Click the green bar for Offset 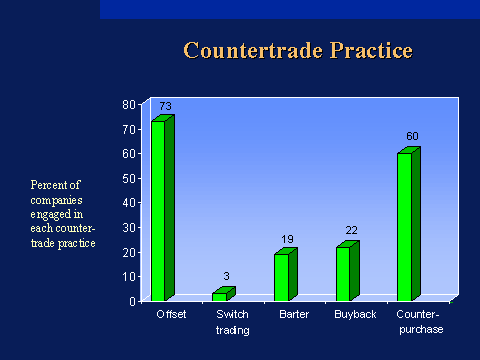(159, 210)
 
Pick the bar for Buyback (344, 272)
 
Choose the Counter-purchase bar (405, 226)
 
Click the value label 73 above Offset (165, 106)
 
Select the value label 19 (288, 240)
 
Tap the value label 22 (350, 232)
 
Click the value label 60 (411, 136)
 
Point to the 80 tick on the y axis (129, 104)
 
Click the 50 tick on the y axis (129, 178)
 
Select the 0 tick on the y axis (132, 301)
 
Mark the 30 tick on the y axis (129, 227)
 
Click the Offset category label (171, 315)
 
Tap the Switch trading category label (232, 322)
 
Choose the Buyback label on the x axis (355, 315)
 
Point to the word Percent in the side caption (48, 185)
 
